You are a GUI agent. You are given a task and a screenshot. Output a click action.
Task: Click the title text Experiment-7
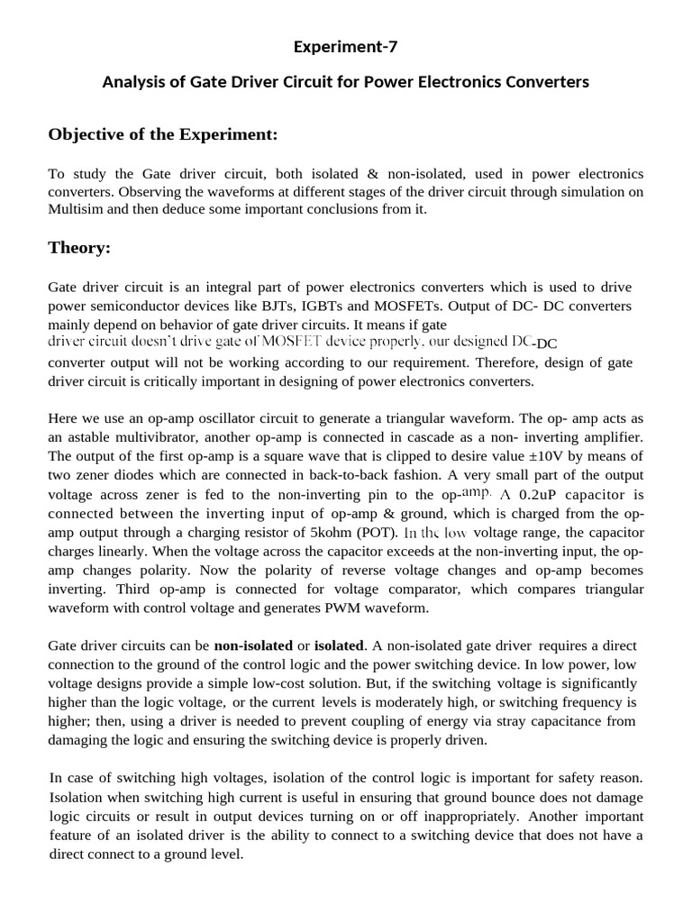pos(346,47)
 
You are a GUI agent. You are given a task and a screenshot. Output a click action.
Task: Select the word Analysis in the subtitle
pos(133,82)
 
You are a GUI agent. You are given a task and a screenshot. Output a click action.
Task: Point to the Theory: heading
pos(79,247)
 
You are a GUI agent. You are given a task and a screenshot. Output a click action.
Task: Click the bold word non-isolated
pos(253,646)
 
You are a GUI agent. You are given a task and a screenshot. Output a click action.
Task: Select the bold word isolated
pos(337,646)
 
